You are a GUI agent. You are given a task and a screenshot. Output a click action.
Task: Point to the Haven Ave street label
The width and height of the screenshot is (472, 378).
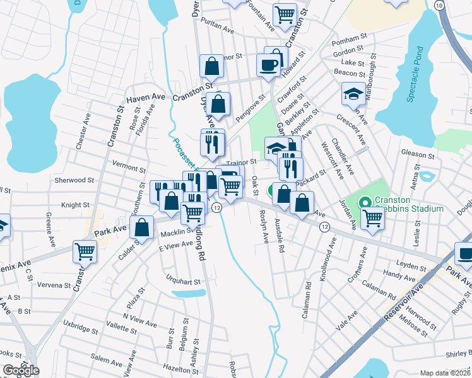(x=145, y=98)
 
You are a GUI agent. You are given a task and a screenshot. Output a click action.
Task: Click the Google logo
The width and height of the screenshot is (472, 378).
(x=21, y=370)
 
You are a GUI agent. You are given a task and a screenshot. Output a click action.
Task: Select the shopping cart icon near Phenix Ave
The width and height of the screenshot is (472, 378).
(x=85, y=251)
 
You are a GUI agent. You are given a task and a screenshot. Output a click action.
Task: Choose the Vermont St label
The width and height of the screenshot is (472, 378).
(x=129, y=168)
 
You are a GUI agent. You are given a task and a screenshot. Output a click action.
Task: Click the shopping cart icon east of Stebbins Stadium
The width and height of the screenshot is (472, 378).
(x=373, y=218)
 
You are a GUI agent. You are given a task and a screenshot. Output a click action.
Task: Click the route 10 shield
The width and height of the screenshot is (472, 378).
(x=439, y=5)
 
